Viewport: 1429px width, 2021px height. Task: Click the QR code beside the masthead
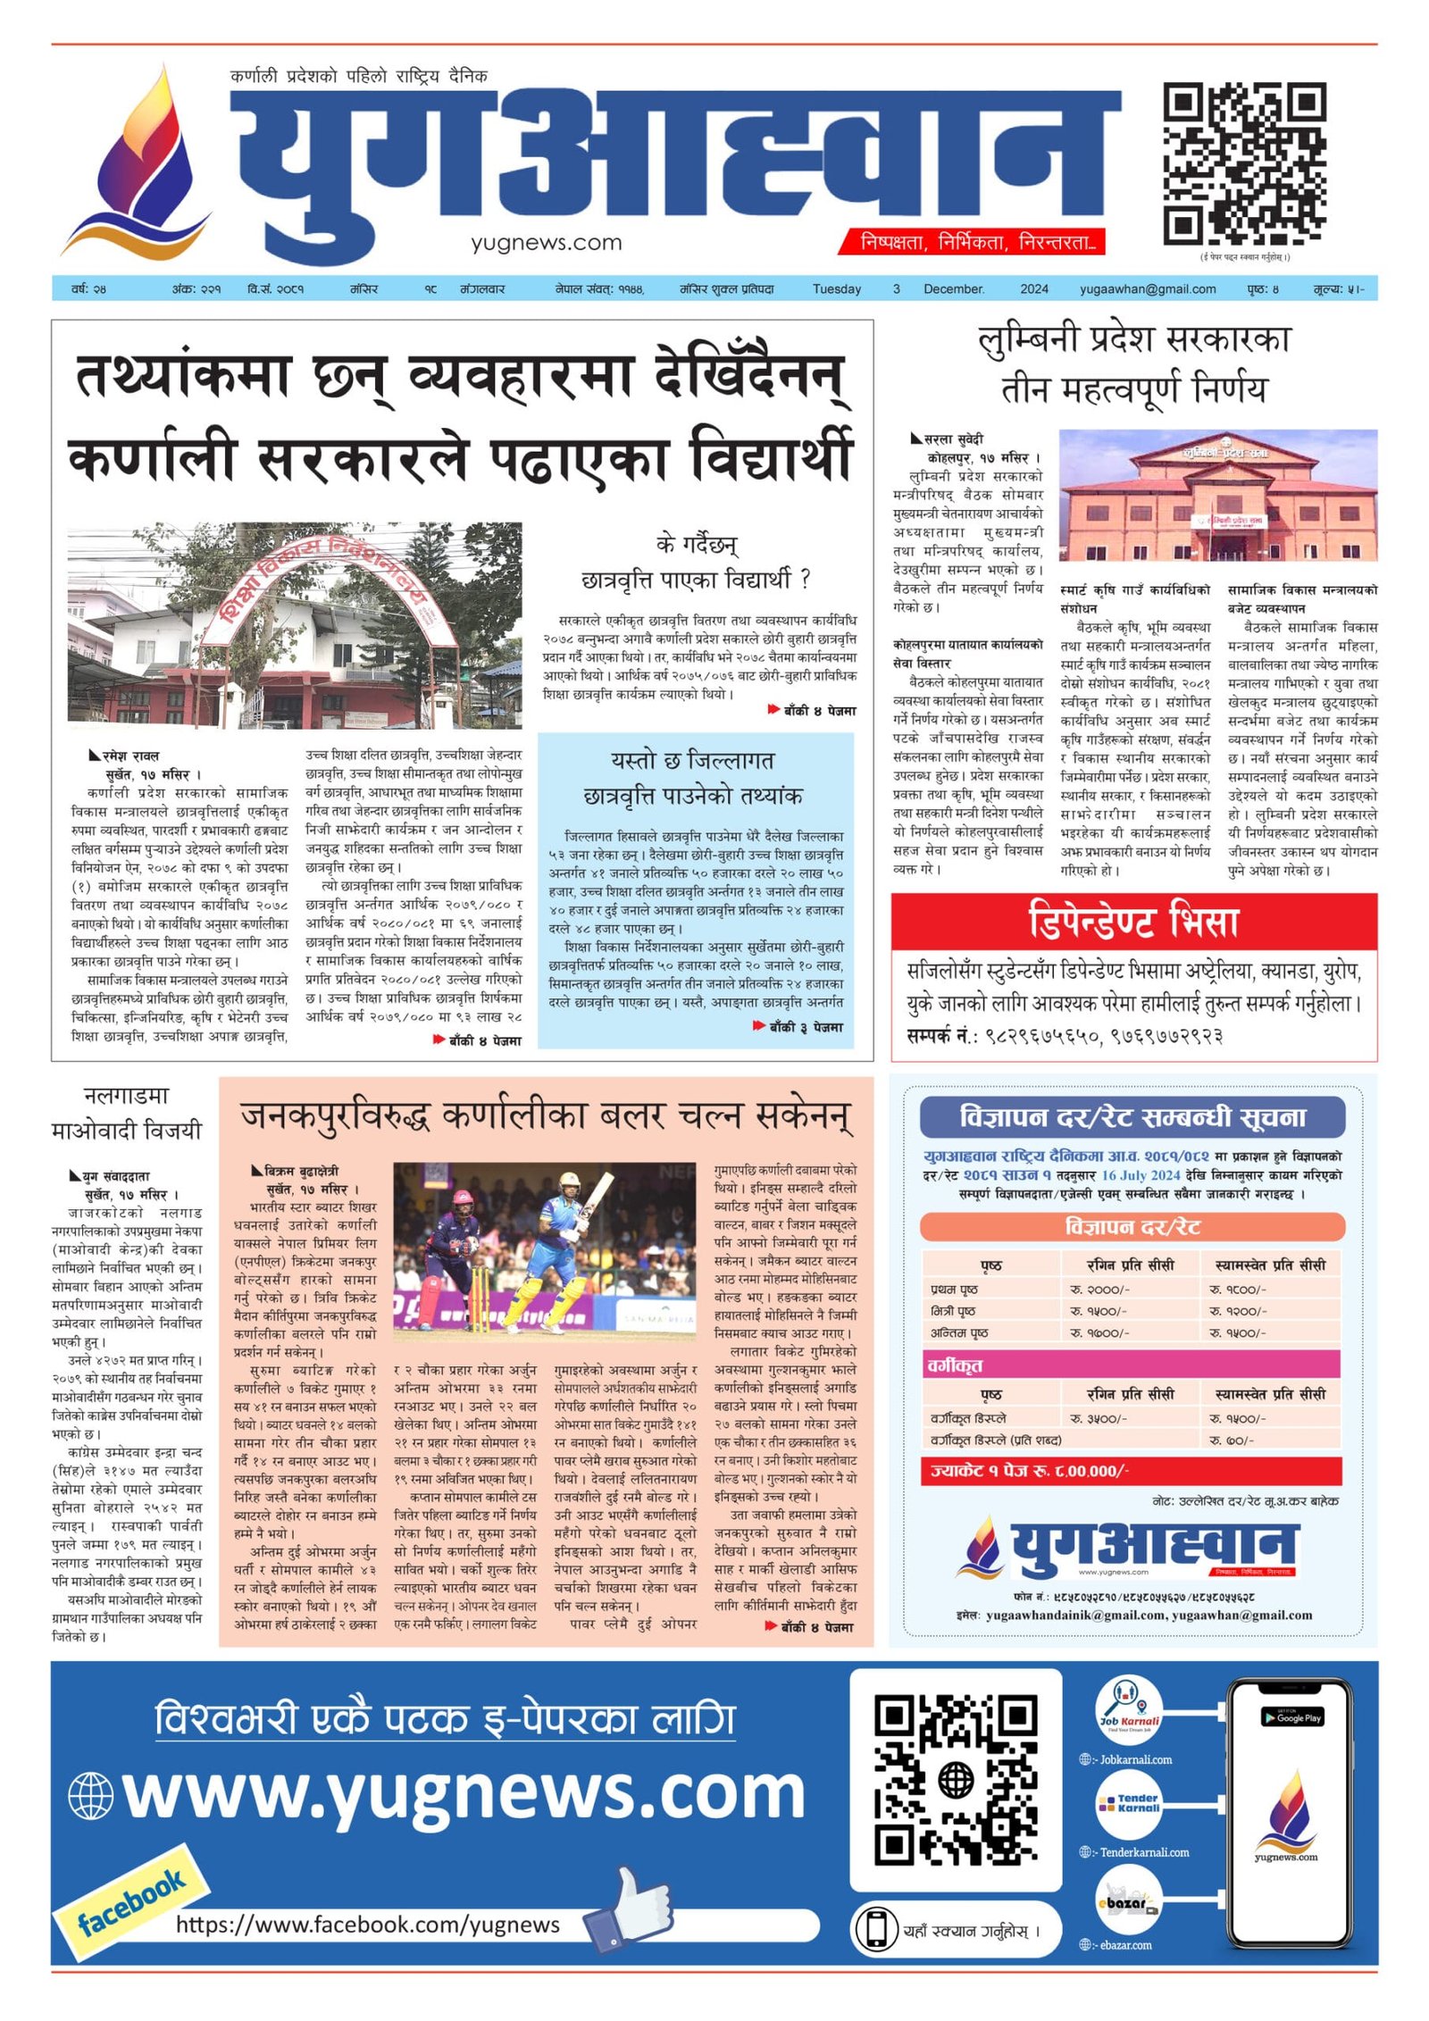coord(1243,163)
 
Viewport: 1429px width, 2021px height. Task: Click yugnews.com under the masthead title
coord(546,242)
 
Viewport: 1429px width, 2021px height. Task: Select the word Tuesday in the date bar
coord(836,289)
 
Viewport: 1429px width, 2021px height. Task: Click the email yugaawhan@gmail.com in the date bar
coord(1147,289)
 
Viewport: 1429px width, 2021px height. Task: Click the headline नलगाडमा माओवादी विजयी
coord(127,1113)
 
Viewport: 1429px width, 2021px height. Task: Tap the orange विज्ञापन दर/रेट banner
coord(1132,1227)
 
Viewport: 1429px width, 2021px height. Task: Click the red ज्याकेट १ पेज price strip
coord(1132,1470)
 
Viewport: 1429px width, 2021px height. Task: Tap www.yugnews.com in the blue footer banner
coord(464,1793)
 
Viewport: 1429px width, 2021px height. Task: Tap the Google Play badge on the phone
coord(1291,1717)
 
